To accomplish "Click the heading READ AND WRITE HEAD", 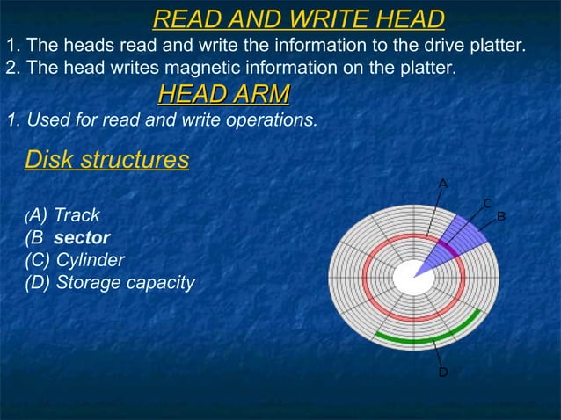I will (x=298, y=18).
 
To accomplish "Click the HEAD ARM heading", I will (x=223, y=94).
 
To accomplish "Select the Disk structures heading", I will (x=106, y=161).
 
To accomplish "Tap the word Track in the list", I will (x=77, y=215).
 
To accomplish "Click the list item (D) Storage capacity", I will (x=110, y=283).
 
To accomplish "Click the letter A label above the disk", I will (x=443, y=183).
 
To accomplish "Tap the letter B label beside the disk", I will (x=501, y=216).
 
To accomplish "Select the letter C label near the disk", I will (x=486, y=204).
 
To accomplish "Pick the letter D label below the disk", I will (x=443, y=373).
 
